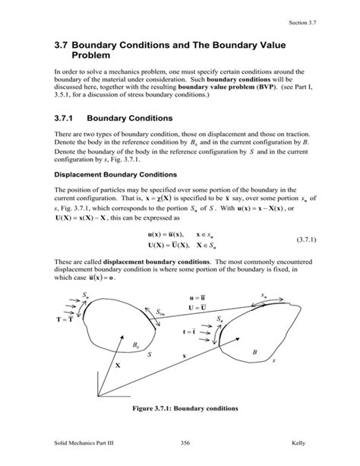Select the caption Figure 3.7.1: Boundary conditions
tap(185, 408)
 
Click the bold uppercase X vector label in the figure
tap(117, 365)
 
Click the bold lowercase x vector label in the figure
tap(184, 355)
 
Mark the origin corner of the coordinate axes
tap(98, 395)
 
